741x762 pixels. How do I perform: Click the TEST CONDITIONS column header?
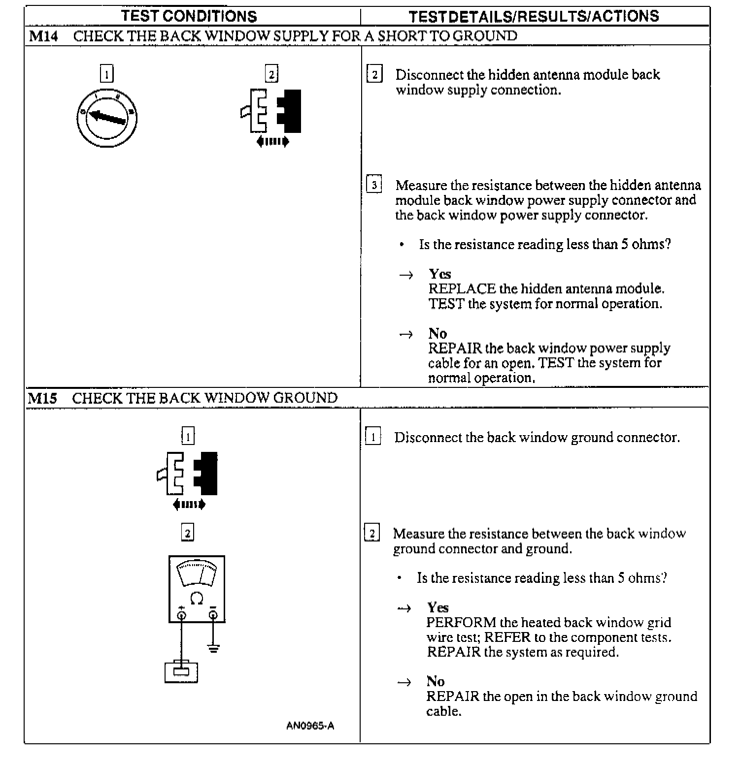tap(189, 16)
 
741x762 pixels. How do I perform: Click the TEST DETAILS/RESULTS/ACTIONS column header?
tap(534, 16)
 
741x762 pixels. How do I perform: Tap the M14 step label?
tap(43, 36)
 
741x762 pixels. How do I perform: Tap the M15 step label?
tap(42, 398)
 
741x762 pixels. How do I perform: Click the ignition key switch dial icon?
tap(106, 118)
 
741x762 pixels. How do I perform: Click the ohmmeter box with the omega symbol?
tap(197, 589)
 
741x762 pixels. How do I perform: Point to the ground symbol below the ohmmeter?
tap(213, 648)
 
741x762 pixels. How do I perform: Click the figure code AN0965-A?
tap(310, 726)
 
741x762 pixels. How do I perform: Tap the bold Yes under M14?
tap(439, 274)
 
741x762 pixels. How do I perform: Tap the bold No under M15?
tap(436, 681)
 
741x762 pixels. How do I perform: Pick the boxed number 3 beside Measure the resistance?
tap(374, 185)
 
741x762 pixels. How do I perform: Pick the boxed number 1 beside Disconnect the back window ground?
tap(373, 437)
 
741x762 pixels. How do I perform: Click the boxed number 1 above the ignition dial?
tap(106, 74)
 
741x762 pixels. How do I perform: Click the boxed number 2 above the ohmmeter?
tap(188, 533)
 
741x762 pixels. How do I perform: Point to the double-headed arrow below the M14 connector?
tap(272, 142)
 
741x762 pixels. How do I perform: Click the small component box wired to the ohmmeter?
tap(181, 672)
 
